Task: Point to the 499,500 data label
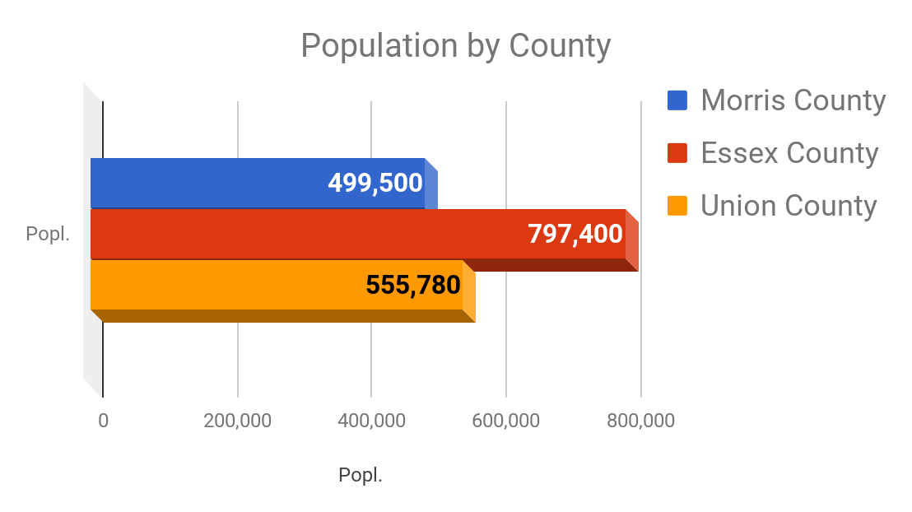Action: [375, 183]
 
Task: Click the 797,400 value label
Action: [575, 235]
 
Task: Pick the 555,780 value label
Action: [412, 285]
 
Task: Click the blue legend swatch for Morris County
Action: [677, 100]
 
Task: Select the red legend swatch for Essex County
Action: [677, 153]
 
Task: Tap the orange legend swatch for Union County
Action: [677, 205]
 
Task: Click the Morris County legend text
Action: [793, 100]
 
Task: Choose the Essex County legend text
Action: [789, 153]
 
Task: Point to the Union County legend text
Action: [789, 205]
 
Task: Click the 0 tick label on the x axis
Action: [103, 421]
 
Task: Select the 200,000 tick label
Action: [237, 421]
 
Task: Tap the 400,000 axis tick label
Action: [371, 421]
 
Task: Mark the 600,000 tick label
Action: [506, 421]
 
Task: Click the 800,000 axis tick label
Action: [640, 421]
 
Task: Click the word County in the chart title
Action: [560, 46]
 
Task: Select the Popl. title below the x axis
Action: [361, 475]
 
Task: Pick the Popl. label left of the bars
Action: [48, 234]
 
